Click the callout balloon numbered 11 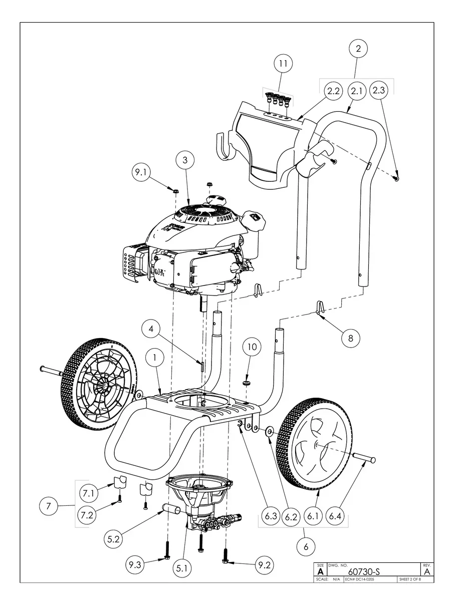[x=283, y=64]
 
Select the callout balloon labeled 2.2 [x=333, y=92]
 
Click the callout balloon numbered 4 [x=151, y=330]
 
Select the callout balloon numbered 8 [x=350, y=338]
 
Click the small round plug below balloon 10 [x=246, y=383]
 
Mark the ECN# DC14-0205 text [x=360, y=579]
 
